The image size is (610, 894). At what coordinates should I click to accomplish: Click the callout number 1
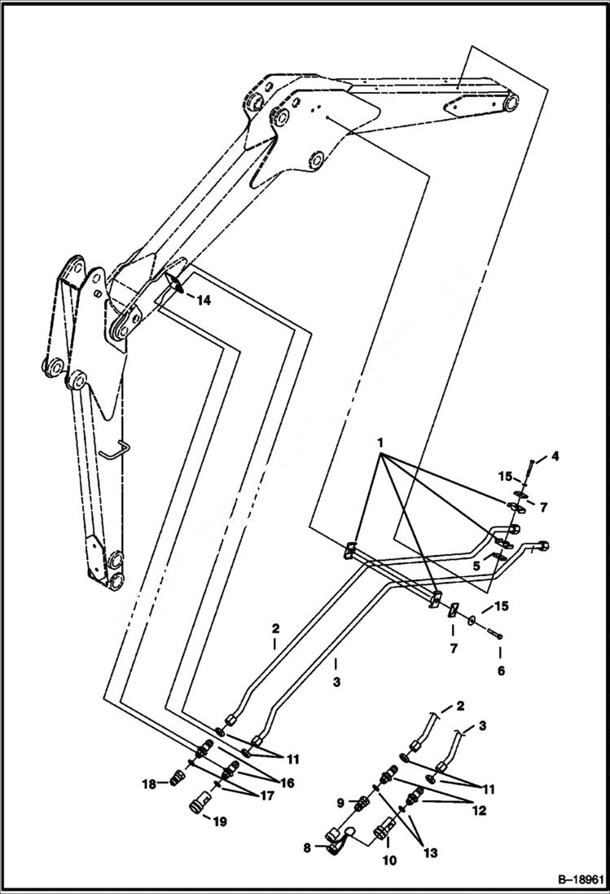pos(380,441)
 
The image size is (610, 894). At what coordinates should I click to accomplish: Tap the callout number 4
pos(554,457)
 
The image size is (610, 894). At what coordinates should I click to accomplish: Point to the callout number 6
pos(501,671)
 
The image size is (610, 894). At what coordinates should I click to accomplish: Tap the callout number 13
pos(430,853)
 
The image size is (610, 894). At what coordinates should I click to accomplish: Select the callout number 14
pos(203,301)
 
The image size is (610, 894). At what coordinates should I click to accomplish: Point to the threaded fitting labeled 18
pos(172,781)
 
